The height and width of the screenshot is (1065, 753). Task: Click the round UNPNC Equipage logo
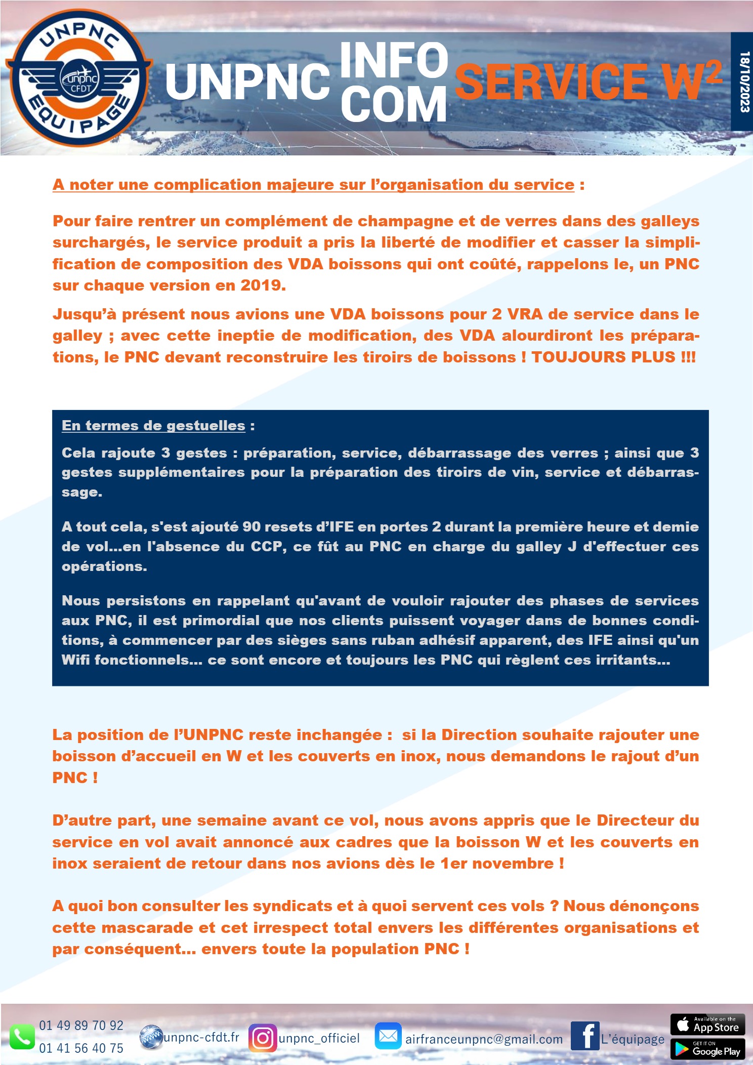pos(78,78)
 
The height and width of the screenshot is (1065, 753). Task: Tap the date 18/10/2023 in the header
pos(743,81)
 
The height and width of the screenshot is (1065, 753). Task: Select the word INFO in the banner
pos(394,60)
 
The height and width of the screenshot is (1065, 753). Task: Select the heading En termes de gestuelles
pos(153,426)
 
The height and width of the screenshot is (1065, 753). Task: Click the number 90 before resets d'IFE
pos(252,527)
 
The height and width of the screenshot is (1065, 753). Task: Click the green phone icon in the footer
pos(22,1038)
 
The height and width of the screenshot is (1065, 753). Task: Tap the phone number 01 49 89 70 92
pos(81,1026)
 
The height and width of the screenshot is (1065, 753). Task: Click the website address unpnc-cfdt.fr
pos(201,1037)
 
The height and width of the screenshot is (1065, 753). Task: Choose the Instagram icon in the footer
pos(263,1038)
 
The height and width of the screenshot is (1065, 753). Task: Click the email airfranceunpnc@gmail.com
pos(484,1040)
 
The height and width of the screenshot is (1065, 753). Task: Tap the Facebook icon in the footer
pos(585,1036)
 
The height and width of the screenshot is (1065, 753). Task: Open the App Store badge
pos(707,1025)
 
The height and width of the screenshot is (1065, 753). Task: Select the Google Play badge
pos(707,1049)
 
